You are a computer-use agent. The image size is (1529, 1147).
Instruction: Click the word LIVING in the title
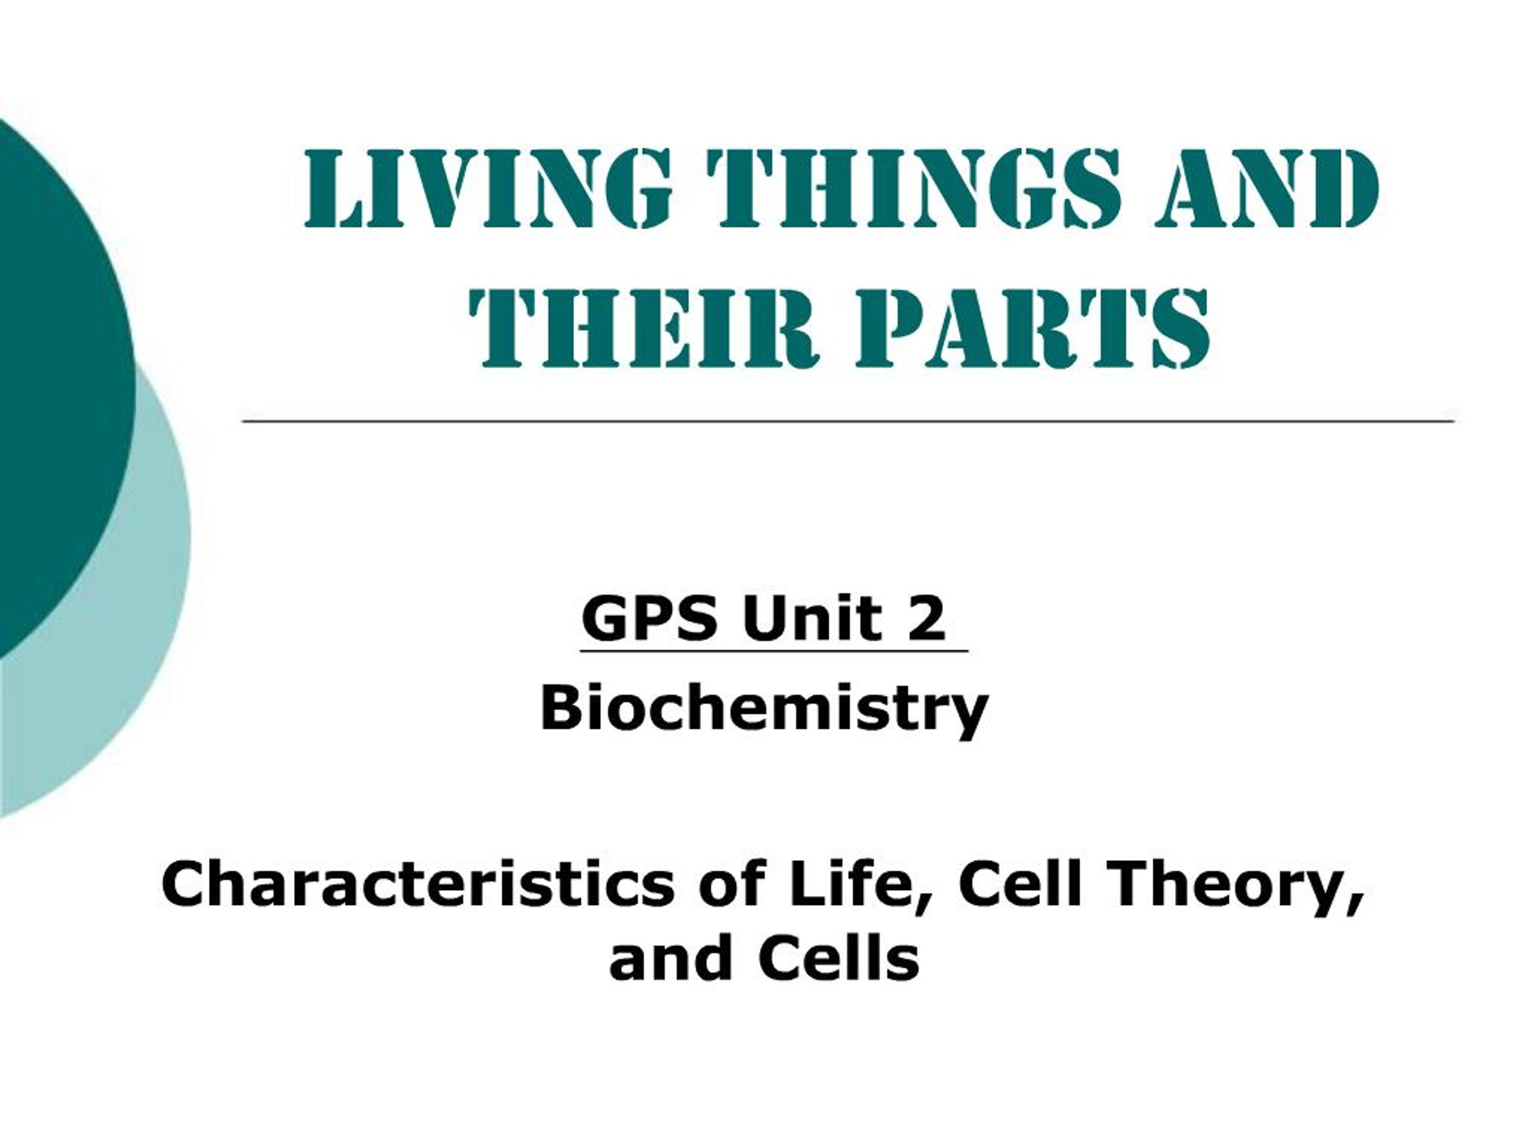(x=487, y=189)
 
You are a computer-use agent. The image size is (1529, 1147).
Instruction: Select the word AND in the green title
(x=1266, y=189)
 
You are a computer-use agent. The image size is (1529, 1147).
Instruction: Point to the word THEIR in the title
(x=643, y=328)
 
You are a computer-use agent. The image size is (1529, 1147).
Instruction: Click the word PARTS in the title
(x=1033, y=328)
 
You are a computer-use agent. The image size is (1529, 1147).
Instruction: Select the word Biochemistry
(x=764, y=711)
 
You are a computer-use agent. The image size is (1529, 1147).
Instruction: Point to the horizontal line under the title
(x=848, y=421)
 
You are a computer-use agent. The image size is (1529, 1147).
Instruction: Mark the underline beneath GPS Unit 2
(x=774, y=651)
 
